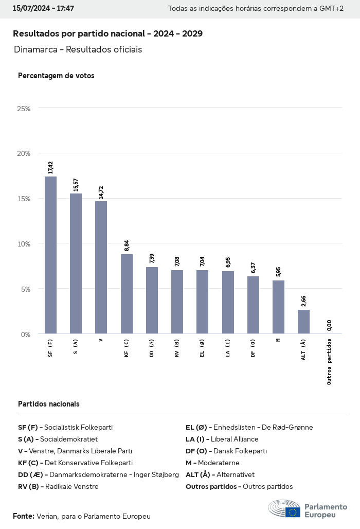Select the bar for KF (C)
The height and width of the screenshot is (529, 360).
pos(127,294)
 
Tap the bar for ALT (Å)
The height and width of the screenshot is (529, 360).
pos(303,322)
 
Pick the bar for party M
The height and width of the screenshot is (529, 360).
pos(278,307)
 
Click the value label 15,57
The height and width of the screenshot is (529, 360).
pos(76,185)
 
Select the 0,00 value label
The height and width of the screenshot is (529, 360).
pos(329,326)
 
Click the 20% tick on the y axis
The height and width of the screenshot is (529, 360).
pos(24,153)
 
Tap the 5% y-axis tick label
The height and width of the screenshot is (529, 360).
pos(25,289)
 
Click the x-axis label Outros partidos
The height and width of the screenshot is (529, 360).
pos(329,361)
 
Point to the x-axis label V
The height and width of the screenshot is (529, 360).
pos(101,340)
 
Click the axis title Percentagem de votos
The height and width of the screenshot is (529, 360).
pos(56,76)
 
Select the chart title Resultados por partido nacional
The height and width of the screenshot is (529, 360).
pos(107,33)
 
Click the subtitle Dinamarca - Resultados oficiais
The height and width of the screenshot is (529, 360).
pos(78,49)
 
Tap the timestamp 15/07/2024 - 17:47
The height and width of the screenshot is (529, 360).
pos(43,9)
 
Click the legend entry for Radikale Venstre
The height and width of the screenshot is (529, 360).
pos(58,486)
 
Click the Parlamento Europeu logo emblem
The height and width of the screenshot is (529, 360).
pos(284,508)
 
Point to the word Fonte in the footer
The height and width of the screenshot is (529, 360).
pos(24,516)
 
